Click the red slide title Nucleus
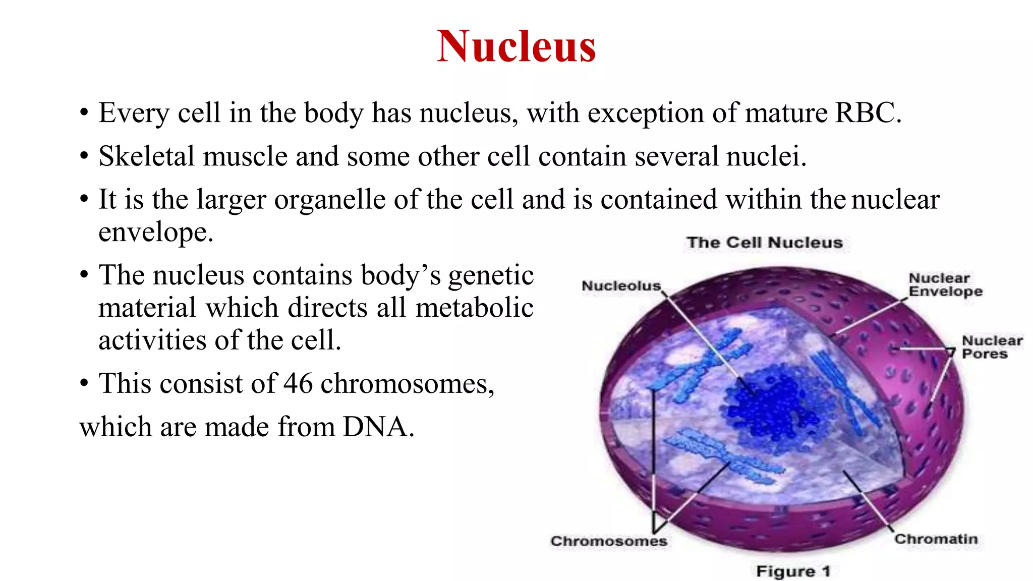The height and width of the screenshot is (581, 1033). (x=516, y=46)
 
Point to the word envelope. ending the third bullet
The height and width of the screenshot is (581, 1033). (x=156, y=233)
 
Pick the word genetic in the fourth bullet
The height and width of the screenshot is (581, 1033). (x=490, y=276)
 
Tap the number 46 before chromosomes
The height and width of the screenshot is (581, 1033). (x=298, y=384)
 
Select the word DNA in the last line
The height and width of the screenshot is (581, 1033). (x=377, y=427)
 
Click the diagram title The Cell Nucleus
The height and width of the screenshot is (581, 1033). (x=764, y=243)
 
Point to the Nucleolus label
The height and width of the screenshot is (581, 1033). (x=621, y=286)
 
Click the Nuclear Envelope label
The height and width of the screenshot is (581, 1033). (x=945, y=285)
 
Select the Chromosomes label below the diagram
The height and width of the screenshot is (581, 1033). (x=608, y=541)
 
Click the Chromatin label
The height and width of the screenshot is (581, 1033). (x=936, y=539)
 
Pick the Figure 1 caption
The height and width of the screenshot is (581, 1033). (x=793, y=571)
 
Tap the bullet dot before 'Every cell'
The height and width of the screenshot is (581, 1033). (x=84, y=113)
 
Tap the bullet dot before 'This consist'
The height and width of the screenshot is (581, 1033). (x=84, y=384)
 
